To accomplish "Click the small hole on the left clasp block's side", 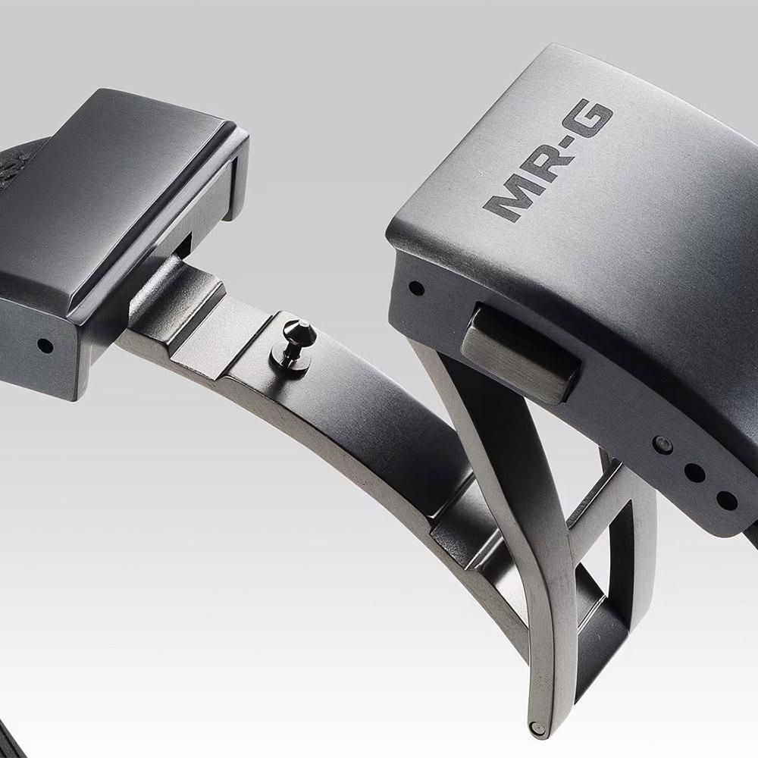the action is point(45,346).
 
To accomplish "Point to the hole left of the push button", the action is point(416,289).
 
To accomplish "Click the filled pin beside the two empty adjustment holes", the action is point(662,444).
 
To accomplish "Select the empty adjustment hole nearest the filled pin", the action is point(694,472).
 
